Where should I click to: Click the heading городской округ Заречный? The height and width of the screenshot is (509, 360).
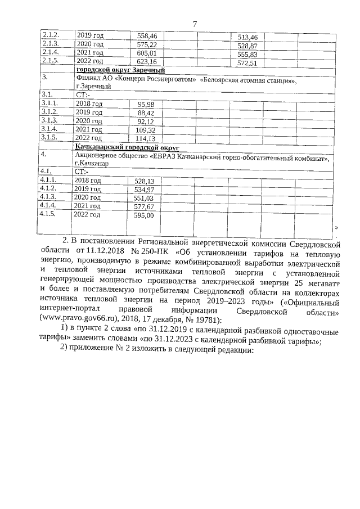coord(120,70)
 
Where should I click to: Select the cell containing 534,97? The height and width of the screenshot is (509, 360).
coord(144,190)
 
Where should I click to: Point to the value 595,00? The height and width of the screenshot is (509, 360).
coord(143,215)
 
